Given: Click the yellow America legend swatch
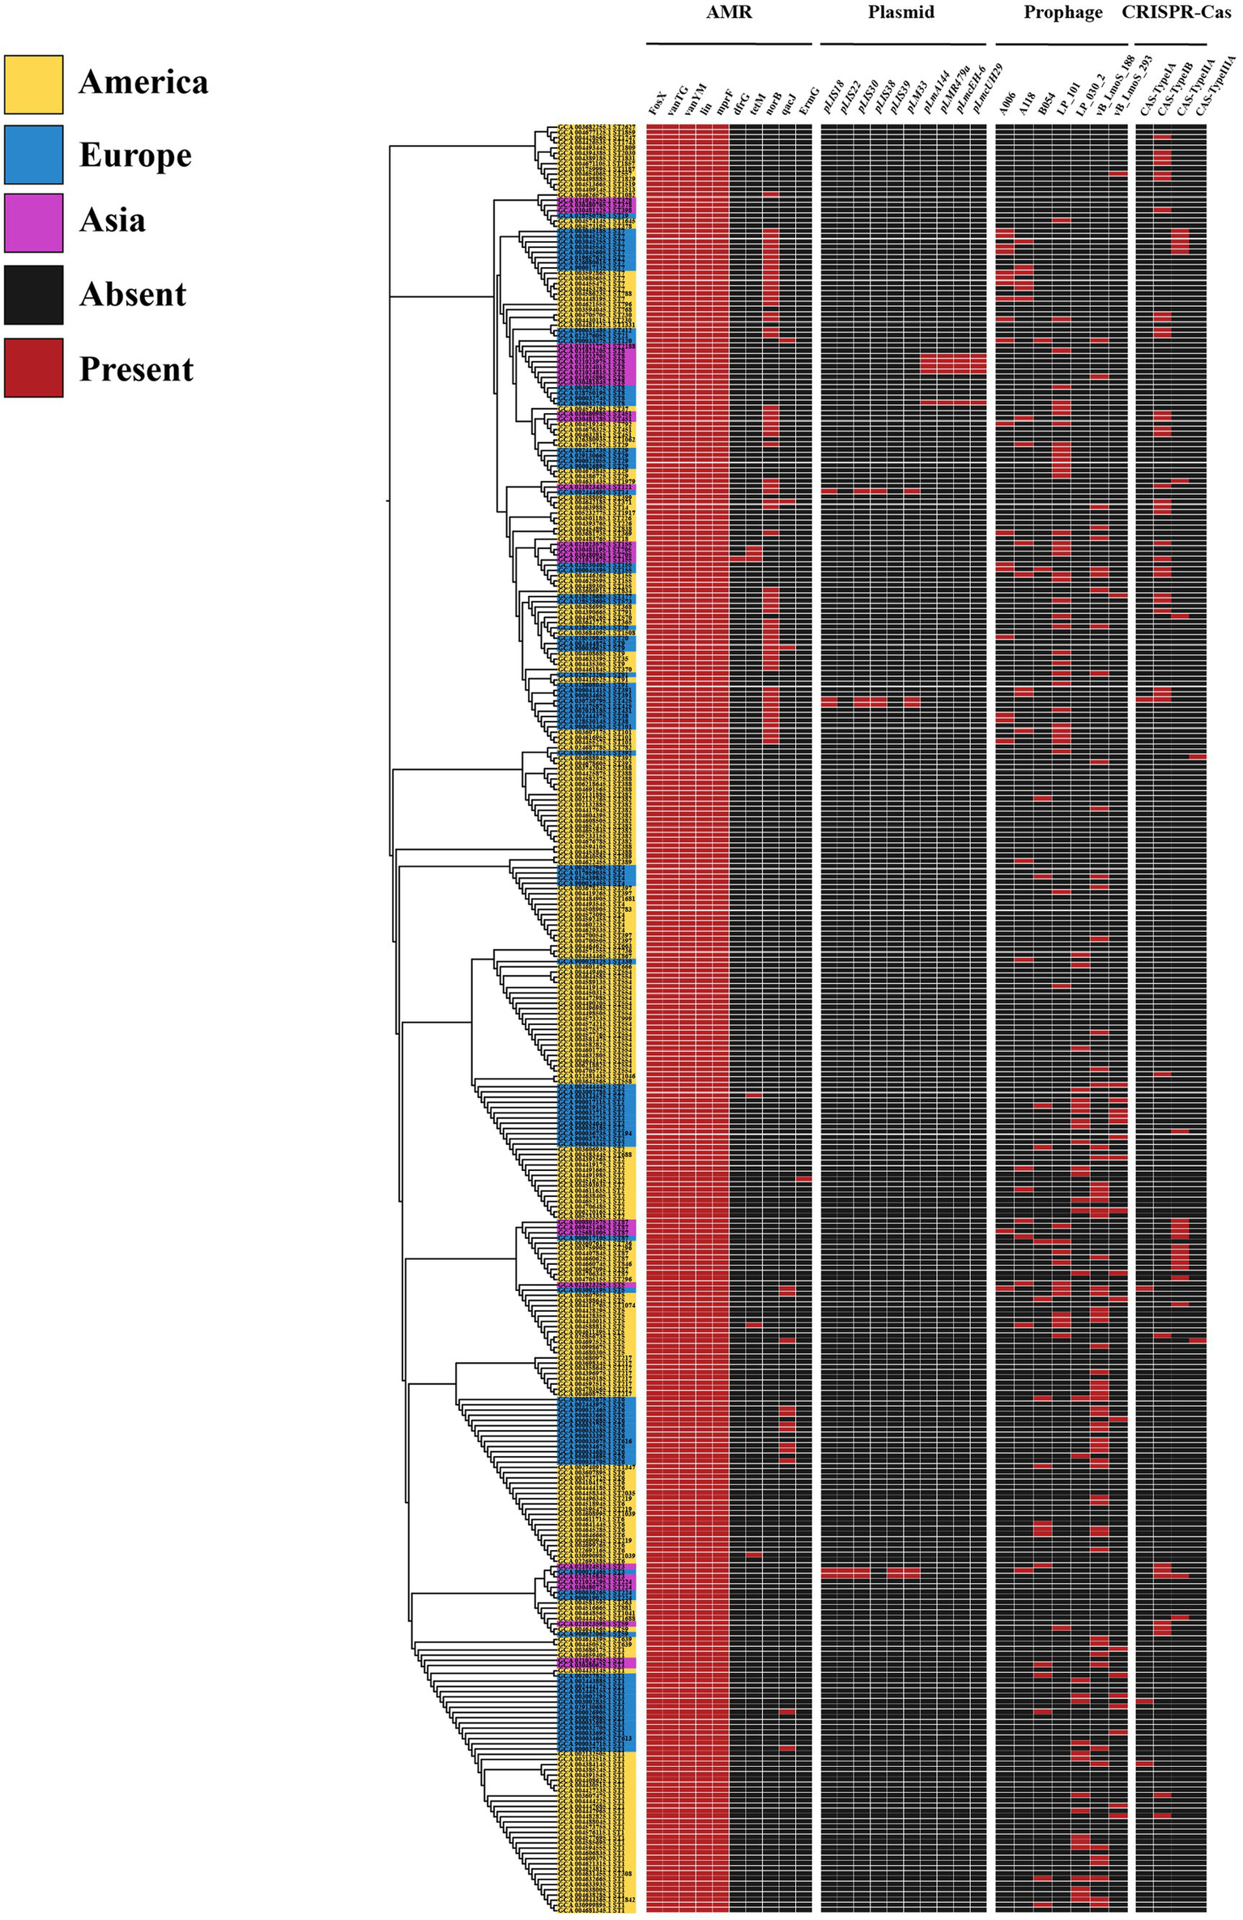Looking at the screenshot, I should [x=33, y=84].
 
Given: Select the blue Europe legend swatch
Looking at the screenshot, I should [x=33, y=155].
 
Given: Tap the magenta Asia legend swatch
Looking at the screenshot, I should [x=33, y=223].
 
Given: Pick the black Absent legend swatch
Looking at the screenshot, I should [x=33, y=295].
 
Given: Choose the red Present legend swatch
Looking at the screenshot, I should [x=33, y=368].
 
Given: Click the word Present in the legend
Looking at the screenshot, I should [x=136, y=369].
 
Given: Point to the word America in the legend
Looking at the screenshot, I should [x=143, y=83].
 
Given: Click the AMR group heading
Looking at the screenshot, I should [x=729, y=12].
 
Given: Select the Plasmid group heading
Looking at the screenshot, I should [x=900, y=12].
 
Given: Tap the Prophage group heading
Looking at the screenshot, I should [x=1062, y=12].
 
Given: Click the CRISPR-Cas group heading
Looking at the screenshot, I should [x=1176, y=12].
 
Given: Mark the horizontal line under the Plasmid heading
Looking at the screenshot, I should [x=903, y=44].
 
